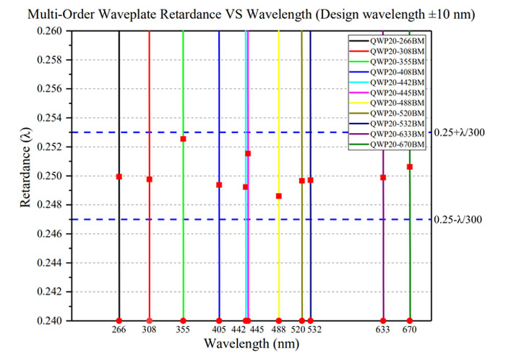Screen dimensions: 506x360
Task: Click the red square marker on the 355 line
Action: pyautogui.click(x=183, y=139)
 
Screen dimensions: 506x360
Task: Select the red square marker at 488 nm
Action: pyautogui.click(x=279, y=196)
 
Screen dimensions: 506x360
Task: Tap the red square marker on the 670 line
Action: pyautogui.click(x=410, y=167)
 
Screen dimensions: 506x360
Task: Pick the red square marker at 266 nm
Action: pyautogui.click(x=119, y=176)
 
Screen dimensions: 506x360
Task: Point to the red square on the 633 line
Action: pyautogui.click(x=383, y=177)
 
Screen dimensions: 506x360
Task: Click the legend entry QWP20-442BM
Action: pyautogui.click(x=387, y=82)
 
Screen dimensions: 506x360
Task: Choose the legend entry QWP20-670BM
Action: pyautogui.click(x=387, y=145)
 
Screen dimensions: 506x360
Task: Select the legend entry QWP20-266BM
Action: pyautogui.click(x=387, y=41)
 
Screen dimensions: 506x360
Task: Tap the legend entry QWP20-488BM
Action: pyautogui.click(x=387, y=103)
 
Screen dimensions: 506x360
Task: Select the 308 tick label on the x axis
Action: pyautogui.click(x=149, y=330)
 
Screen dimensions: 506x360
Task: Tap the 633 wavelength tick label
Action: pyautogui.click(x=382, y=330)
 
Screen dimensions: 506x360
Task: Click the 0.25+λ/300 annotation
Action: pyautogui.click(x=459, y=132)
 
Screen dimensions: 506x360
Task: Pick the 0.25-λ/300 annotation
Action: pyautogui.click(x=458, y=219)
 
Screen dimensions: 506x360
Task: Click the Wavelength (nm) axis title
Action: pyautogui.click(x=252, y=344)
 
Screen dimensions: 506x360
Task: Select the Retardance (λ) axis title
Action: pyautogui.click(x=25, y=167)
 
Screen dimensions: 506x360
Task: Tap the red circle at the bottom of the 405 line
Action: pyautogui.click(x=219, y=321)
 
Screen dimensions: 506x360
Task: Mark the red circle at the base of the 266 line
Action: pyautogui.click(x=119, y=321)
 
